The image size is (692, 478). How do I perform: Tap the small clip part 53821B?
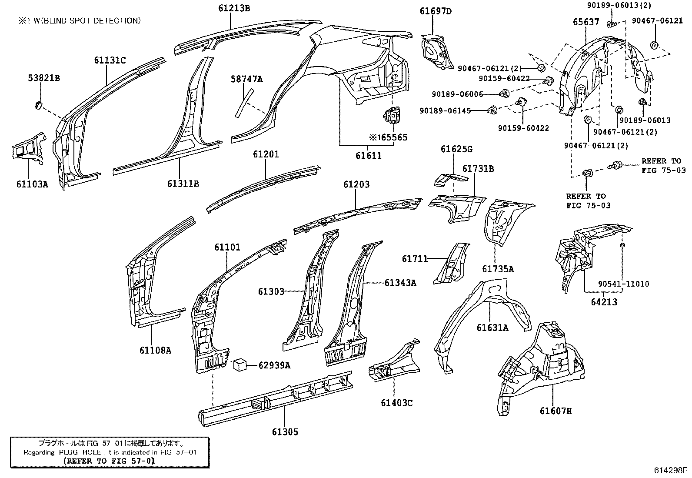tap(38, 105)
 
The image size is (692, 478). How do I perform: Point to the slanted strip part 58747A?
tap(244, 103)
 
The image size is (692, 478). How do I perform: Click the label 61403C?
tap(396, 403)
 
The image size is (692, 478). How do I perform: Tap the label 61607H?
tap(556, 410)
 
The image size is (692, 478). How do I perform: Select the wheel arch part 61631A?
tap(478, 318)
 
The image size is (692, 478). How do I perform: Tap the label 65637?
tap(585, 22)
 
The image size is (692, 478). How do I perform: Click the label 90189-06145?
tap(445, 111)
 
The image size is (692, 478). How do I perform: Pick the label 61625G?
tap(456, 149)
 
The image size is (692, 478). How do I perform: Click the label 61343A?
tap(400, 283)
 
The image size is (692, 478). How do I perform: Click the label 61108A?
tap(155, 349)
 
